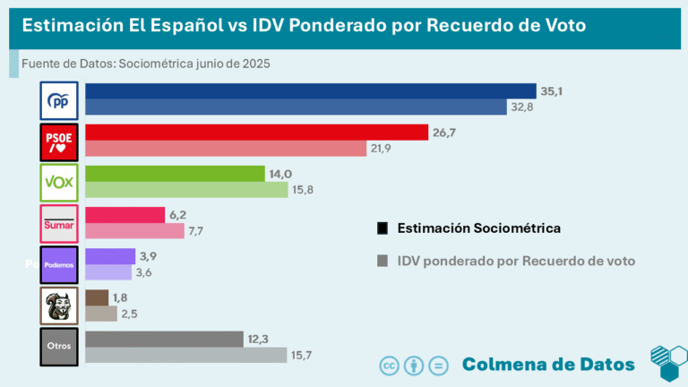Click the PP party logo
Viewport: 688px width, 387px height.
60,100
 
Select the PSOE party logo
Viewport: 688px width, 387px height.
60,142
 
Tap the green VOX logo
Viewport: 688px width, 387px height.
60,183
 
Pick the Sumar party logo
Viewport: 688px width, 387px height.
60,224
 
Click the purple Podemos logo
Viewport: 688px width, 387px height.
60,265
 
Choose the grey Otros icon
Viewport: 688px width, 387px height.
60,347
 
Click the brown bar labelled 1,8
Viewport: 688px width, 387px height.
96,297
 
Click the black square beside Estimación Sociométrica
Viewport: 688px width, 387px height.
383,228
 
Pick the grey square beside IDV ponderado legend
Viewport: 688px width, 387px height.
383,261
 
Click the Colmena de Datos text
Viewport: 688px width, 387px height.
548,364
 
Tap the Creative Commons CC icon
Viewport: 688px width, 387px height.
390,365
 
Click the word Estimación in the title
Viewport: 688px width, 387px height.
70,25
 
